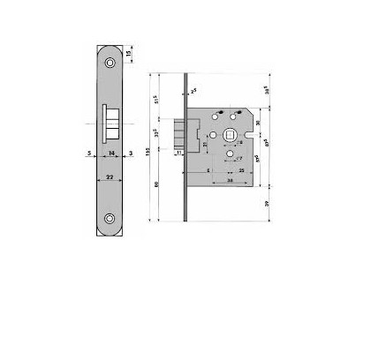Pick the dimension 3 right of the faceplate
click(130, 153)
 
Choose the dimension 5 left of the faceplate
click(91, 153)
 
